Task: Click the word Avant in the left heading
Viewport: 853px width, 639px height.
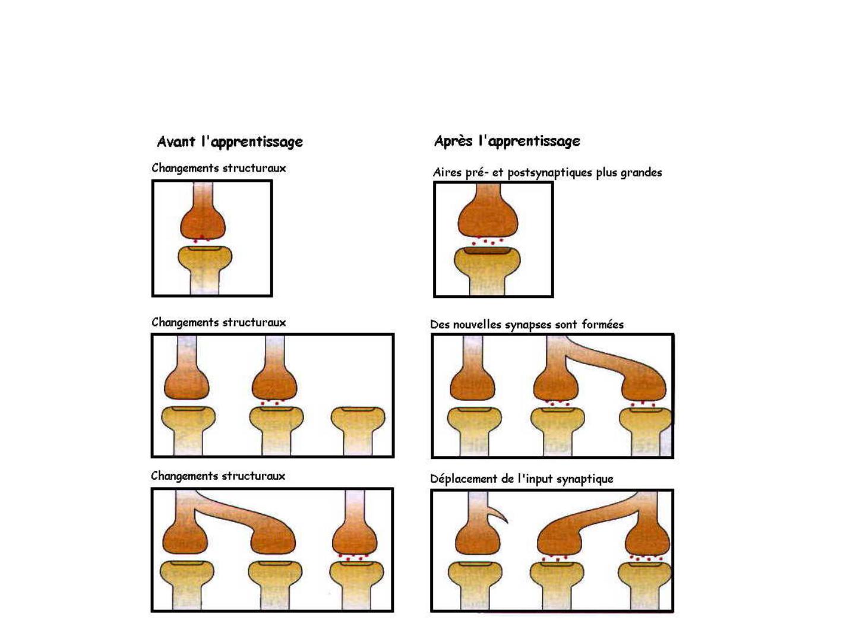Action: pyautogui.click(x=176, y=141)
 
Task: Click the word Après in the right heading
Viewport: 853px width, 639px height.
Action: pyautogui.click(x=453, y=141)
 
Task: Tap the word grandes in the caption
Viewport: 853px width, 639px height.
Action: pyautogui.click(x=641, y=173)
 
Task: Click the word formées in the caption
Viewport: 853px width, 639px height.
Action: pyautogui.click(x=602, y=324)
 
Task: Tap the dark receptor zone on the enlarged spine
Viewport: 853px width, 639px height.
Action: pyautogui.click(x=487, y=251)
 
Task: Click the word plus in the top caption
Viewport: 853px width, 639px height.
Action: pyautogui.click(x=606, y=173)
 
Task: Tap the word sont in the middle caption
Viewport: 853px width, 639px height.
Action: pyautogui.click(x=566, y=325)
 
